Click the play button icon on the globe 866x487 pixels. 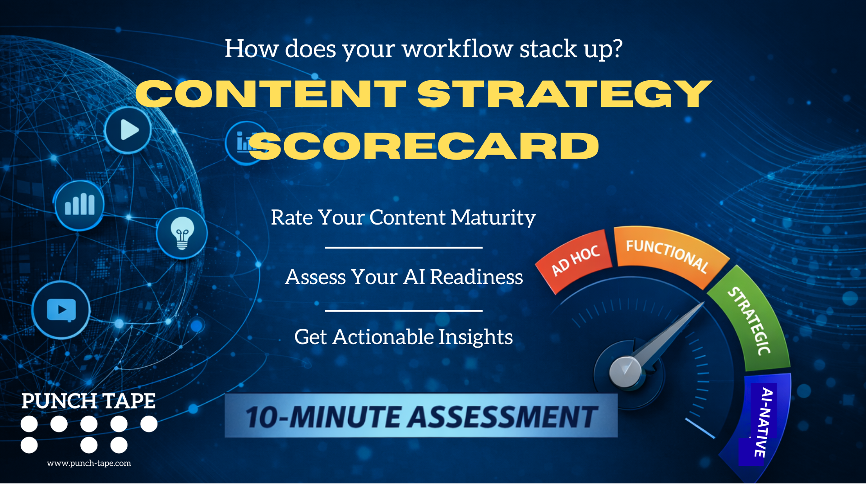(128, 130)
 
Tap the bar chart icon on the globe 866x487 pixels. (79, 205)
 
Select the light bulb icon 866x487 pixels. (182, 233)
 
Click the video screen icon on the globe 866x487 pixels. (61, 310)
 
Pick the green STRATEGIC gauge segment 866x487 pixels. (751, 321)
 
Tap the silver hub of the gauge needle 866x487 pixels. (625, 372)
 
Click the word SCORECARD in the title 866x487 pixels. (424, 147)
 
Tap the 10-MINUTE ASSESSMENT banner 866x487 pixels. (421, 416)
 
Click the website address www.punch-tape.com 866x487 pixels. (89, 463)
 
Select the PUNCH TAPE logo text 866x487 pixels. (88, 401)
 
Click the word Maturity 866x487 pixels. (493, 217)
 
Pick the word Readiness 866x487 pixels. (476, 277)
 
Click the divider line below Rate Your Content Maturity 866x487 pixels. (403, 248)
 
